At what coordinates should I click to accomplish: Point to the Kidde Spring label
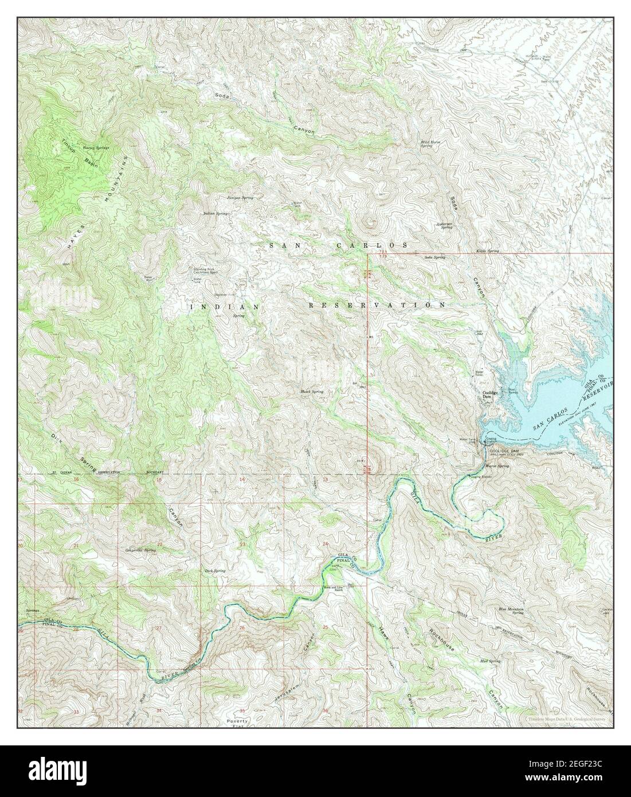pyautogui.click(x=488, y=251)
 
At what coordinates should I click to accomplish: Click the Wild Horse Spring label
pyautogui.click(x=426, y=145)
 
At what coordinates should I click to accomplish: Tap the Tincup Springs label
pyautogui.click(x=95, y=147)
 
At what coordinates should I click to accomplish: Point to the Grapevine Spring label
pyautogui.click(x=140, y=550)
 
